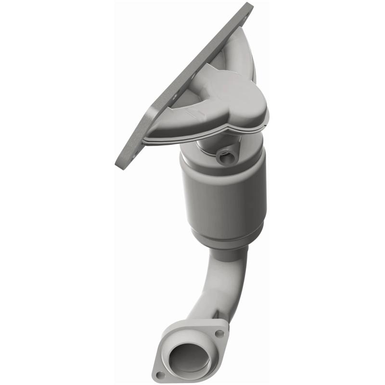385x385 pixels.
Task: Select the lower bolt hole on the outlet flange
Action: pyautogui.click(x=161, y=374)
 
